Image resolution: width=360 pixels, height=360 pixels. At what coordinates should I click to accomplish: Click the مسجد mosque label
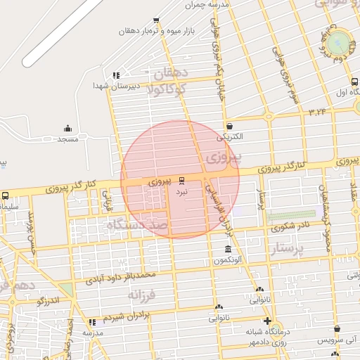[x=67, y=140]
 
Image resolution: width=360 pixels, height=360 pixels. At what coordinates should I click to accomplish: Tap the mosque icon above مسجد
[x=67, y=128]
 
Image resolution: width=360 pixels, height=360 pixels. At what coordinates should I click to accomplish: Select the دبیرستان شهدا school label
[x=117, y=86]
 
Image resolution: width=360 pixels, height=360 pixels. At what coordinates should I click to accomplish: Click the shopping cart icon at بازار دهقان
[x=155, y=20]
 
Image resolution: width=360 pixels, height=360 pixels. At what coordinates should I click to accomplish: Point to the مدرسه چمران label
[x=208, y=5]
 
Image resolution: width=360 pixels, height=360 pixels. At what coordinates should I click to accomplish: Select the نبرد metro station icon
[x=183, y=181]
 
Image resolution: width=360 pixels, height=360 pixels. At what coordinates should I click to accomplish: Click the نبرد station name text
[x=182, y=191]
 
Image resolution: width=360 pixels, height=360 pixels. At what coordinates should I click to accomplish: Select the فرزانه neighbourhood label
[x=146, y=297]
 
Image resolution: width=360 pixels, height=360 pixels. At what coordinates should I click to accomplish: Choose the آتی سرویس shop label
[x=336, y=340]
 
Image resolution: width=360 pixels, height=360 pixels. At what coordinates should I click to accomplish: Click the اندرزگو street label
[x=51, y=302]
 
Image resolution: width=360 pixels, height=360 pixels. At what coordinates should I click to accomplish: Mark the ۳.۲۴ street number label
[x=317, y=112]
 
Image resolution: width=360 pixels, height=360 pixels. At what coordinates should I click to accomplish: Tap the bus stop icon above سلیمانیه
[x=6, y=195]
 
